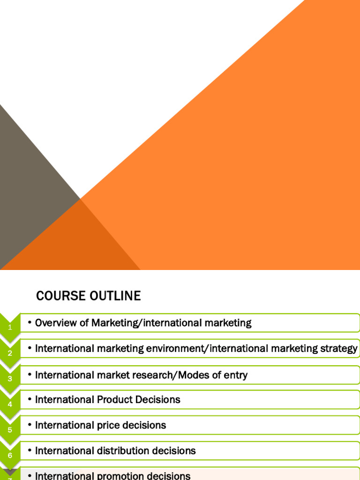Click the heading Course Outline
(88, 296)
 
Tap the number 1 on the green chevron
(10, 328)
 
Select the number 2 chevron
(10, 353)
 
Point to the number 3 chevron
(10, 379)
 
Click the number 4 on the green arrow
(10, 404)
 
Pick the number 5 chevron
(10, 429)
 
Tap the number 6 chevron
(10, 455)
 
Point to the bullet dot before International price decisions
(30, 425)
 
